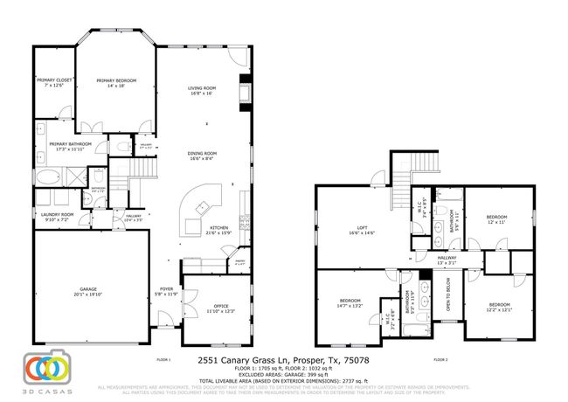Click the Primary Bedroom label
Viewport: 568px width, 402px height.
pos(116,83)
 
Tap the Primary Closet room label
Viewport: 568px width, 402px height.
pos(54,83)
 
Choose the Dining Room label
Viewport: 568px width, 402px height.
pos(202,156)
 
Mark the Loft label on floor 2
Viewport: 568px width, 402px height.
pos(361,231)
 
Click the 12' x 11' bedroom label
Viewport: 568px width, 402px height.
pos(496,218)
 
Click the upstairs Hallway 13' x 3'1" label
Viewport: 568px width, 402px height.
pos(447,260)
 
